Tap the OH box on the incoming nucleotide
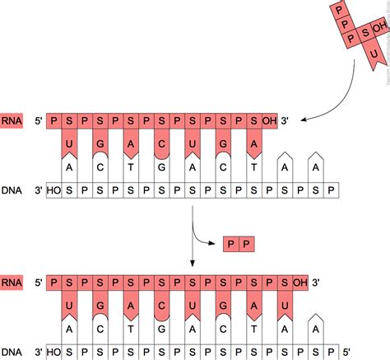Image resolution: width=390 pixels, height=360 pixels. pyautogui.click(x=378, y=28)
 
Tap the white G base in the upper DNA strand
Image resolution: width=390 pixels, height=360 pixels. pyautogui.click(x=163, y=170)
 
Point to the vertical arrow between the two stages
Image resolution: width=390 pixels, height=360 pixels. pyautogui.click(x=192, y=239)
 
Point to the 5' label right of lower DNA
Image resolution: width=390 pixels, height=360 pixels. pyautogui.click(x=347, y=353)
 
